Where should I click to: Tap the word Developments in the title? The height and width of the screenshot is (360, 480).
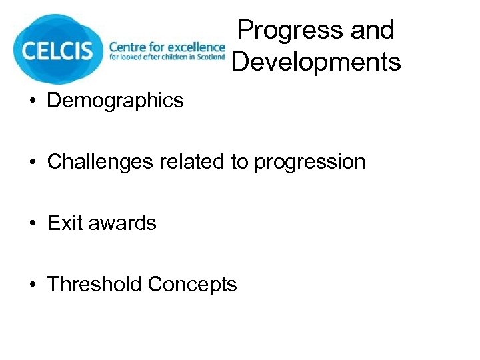click(x=316, y=62)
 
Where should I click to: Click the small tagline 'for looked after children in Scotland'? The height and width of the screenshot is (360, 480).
click(x=167, y=58)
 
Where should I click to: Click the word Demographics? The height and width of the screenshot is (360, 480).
click(x=115, y=101)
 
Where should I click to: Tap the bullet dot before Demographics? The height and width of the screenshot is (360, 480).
click(x=32, y=101)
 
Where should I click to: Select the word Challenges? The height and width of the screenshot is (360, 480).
click(x=101, y=162)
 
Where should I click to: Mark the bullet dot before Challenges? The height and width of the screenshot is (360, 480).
click(x=32, y=163)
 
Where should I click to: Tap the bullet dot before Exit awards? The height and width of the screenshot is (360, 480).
click(x=32, y=223)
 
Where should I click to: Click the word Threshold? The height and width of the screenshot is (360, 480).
click(x=95, y=284)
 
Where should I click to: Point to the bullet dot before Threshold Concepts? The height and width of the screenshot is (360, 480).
click(x=32, y=285)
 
